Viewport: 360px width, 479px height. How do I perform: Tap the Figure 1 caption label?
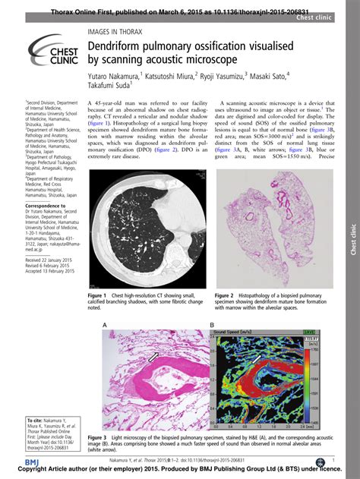99,295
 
